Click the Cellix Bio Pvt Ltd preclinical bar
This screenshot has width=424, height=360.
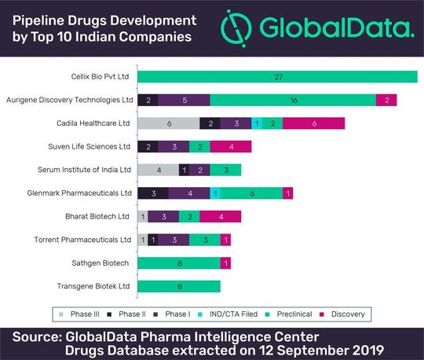(277, 77)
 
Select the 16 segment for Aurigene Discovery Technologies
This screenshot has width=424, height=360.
(293, 100)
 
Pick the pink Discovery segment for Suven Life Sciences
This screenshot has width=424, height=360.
(231, 146)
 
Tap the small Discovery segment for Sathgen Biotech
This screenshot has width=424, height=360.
(225, 263)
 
